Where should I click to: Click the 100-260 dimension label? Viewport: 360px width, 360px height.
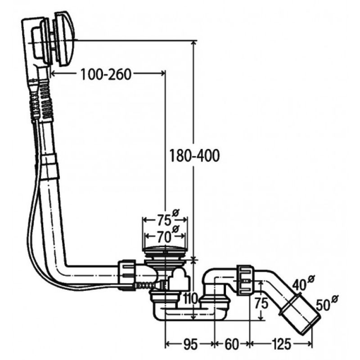pos(106,74)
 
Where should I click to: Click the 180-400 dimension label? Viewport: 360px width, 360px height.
pos(194,155)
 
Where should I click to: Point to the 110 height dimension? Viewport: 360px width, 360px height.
pos(190,299)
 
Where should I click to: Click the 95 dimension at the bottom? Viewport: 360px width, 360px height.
pos(190,344)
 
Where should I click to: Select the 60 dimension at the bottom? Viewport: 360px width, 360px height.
pos(232,344)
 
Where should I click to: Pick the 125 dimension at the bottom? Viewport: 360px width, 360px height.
pos(281,344)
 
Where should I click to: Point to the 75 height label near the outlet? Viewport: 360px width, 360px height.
pos(261,303)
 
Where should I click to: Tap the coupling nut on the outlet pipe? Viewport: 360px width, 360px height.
pos(245,280)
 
